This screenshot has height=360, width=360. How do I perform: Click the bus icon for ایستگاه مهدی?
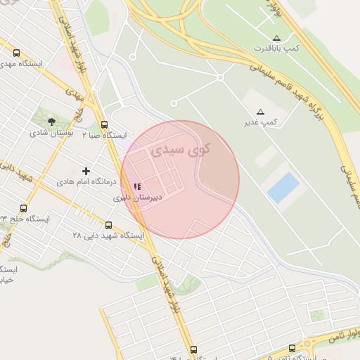[16, 52]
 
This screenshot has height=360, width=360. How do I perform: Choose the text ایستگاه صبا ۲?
[104, 134]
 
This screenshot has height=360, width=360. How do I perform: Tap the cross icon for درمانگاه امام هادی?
[86, 171]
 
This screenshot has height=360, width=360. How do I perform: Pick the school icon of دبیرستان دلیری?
[136, 187]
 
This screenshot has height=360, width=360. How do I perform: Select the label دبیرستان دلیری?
[138, 198]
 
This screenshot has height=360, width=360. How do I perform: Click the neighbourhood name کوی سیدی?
[184, 150]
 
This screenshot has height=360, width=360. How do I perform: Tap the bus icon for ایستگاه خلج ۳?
[23, 208]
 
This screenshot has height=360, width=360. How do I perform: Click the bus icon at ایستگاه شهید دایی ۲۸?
[108, 225]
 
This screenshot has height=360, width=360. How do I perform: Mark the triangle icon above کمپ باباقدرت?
[276, 37]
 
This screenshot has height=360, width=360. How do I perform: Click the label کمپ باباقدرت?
[276, 48]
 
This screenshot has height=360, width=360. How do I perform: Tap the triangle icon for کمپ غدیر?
[261, 112]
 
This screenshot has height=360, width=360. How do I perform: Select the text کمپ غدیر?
[261, 122]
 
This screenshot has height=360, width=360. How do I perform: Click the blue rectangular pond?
[283, 188]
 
